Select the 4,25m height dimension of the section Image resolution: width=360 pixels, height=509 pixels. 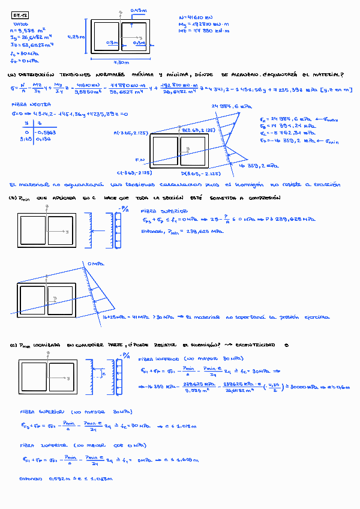click(77, 37)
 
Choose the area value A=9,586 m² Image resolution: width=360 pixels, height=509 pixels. click(28, 29)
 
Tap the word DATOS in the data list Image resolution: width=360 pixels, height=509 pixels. click(20, 24)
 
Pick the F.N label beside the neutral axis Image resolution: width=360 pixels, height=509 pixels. click(141, 160)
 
